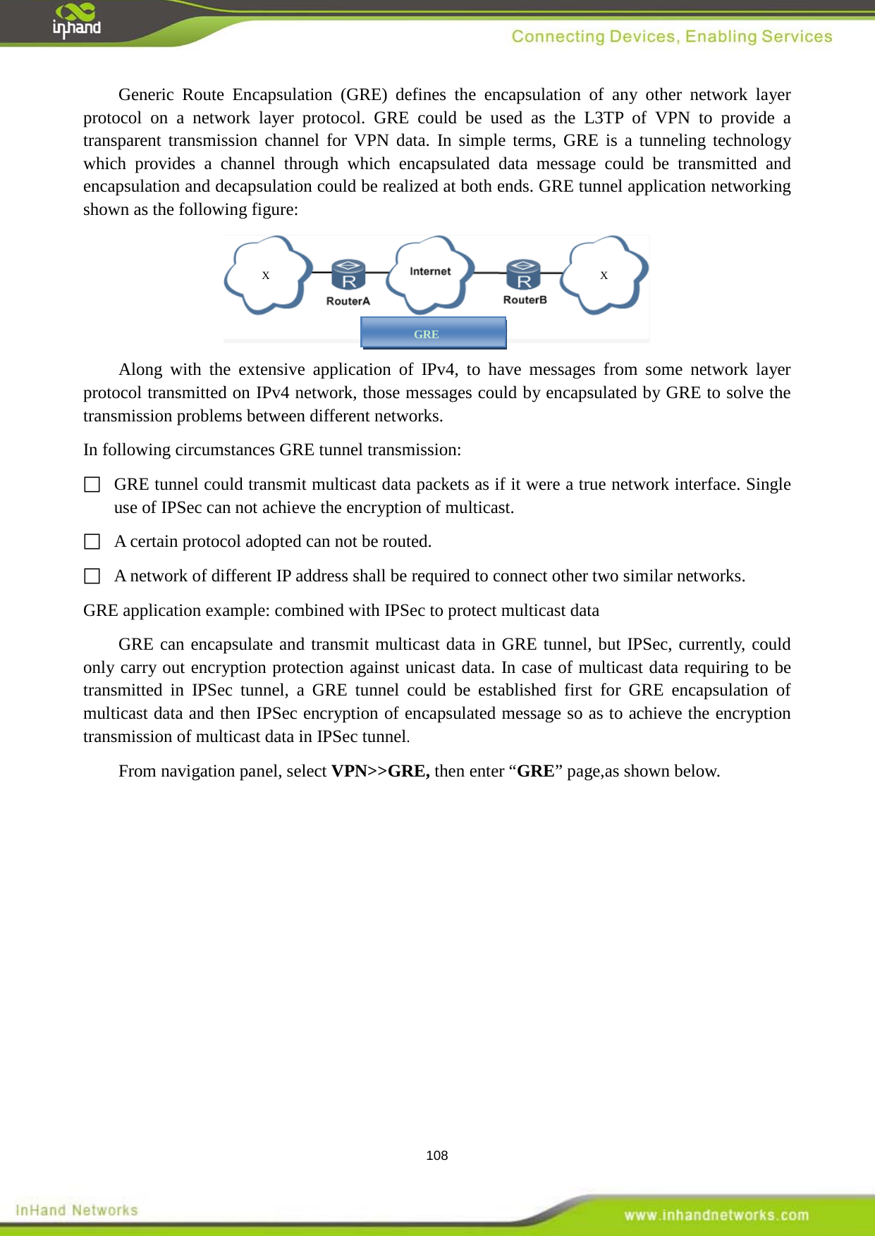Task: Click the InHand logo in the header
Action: [x=76, y=20]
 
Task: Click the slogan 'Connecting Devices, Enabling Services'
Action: [x=671, y=37]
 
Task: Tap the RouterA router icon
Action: [x=348, y=274]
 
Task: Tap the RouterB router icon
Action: [x=523, y=274]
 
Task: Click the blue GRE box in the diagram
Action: [x=433, y=333]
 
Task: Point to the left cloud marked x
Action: [x=266, y=275]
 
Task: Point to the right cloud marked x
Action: [x=604, y=275]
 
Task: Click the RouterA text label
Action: [x=348, y=301]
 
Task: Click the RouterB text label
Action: [x=525, y=299]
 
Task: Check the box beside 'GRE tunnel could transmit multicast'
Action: [x=92, y=485]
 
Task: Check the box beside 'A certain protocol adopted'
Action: [x=92, y=542]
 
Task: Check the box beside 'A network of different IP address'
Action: [x=92, y=576]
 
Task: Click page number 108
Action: [x=437, y=1156]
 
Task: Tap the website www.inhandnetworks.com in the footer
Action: [x=716, y=1215]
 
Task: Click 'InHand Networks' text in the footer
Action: [x=77, y=1210]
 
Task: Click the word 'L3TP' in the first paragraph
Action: [x=604, y=118]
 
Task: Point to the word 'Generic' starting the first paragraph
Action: [x=146, y=94]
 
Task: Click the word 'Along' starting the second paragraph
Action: [x=140, y=369]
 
